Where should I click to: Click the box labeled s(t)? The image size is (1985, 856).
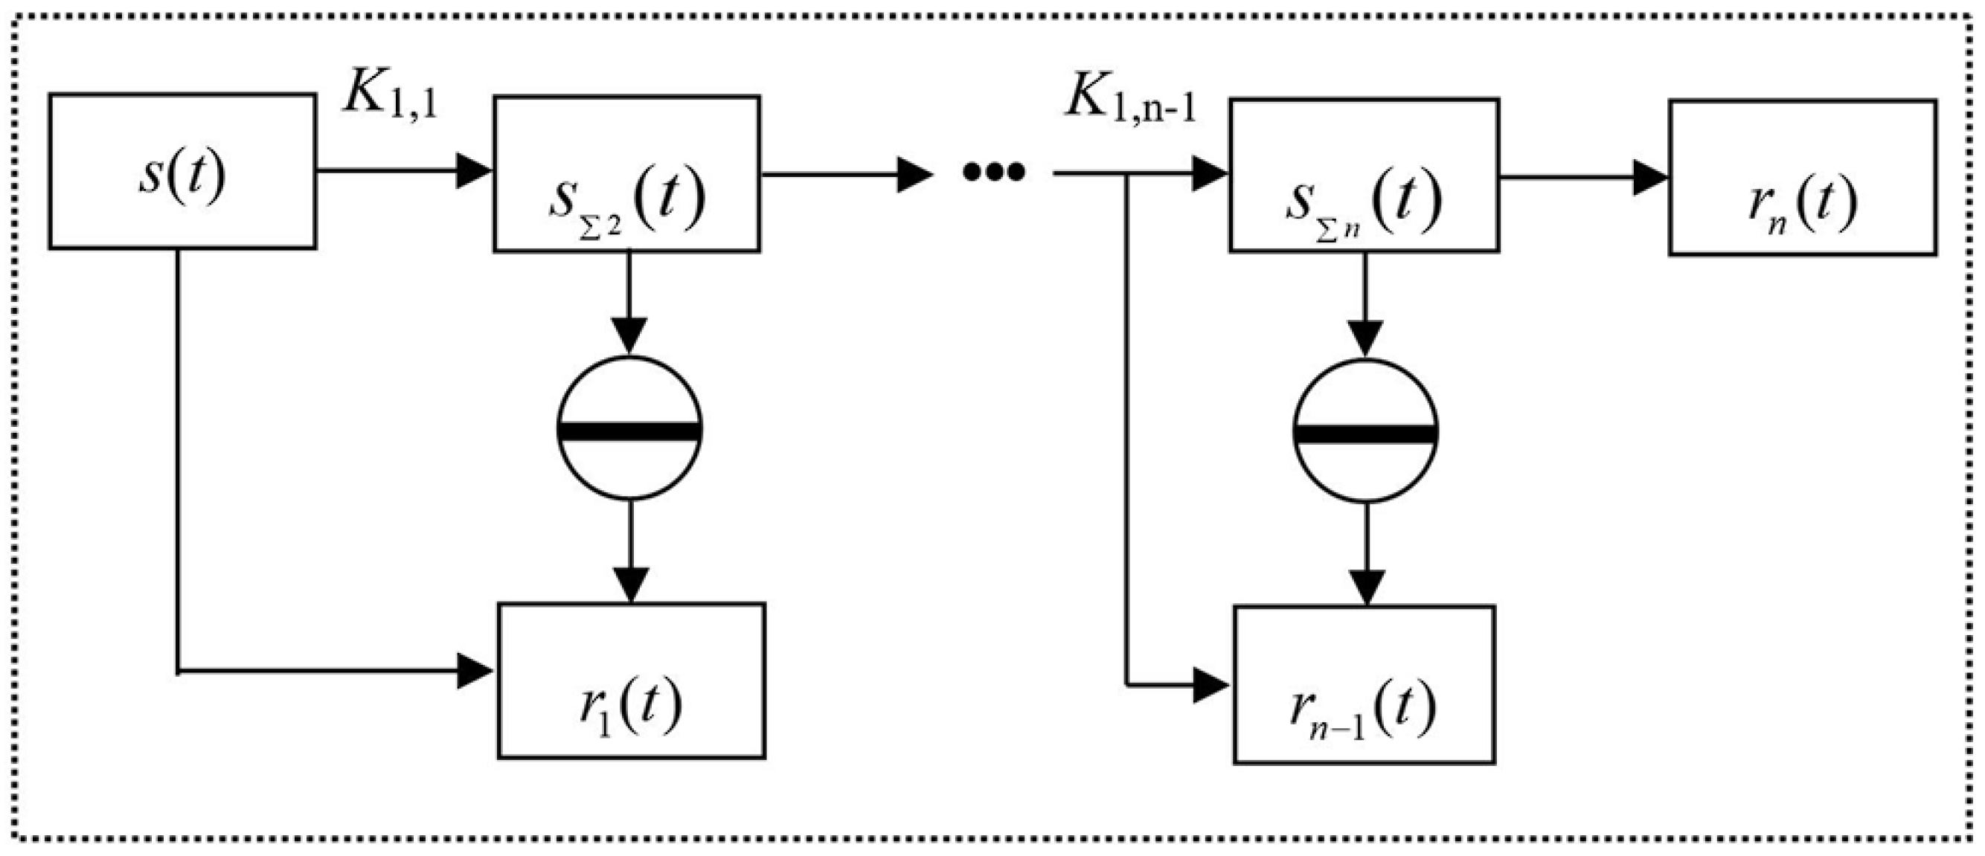coord(182,171)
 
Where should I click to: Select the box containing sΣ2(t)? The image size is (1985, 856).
coord(626,173)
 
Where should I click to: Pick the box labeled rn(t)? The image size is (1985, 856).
coord(1803,177)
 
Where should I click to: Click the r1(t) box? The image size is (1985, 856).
coord(631,680)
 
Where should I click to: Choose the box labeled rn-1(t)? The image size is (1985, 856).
coord(1364,685)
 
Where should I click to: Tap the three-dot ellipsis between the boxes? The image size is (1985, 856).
coord(994,173)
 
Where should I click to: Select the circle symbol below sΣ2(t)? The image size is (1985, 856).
coord(629,428)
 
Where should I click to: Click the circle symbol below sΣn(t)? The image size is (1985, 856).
coord(1365,431)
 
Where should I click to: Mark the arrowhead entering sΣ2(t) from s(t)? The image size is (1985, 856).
coord(474,170)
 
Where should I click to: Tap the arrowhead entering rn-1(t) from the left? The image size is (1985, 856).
coord(1210,683)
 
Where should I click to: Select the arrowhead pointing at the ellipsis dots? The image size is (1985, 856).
coord(914,174)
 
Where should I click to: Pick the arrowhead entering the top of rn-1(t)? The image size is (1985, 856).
coord(1366,588)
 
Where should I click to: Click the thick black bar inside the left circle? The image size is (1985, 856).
coord(629,431)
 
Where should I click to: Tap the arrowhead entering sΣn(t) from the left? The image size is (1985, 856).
coord(1210,174)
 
